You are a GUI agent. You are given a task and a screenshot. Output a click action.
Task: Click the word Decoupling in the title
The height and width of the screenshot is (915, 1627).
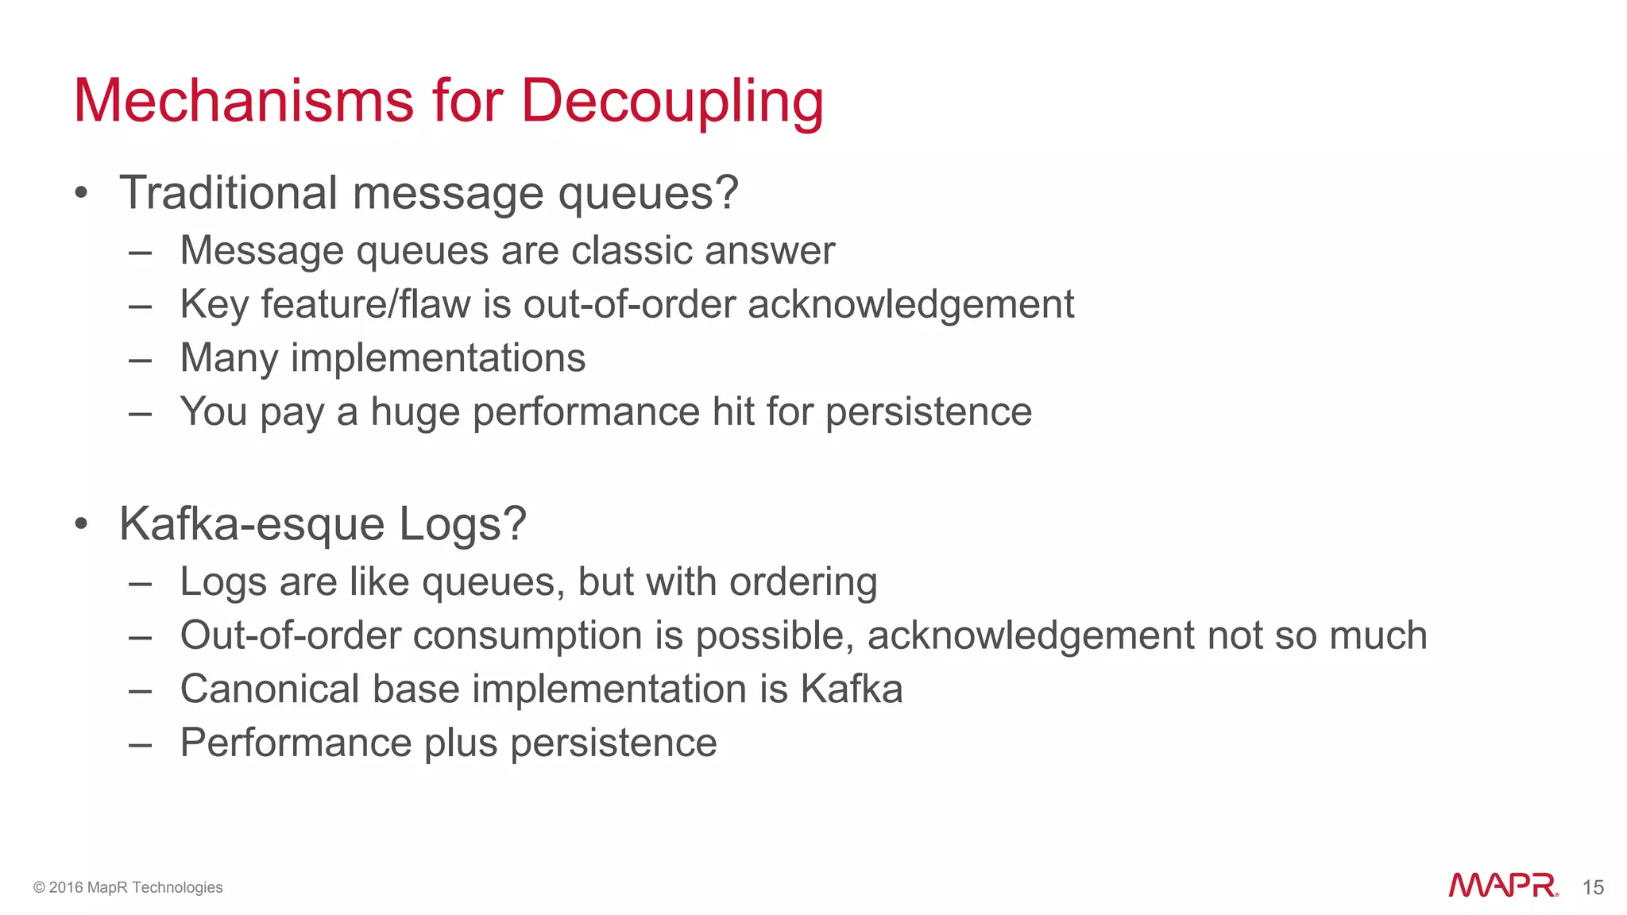coord(671,102)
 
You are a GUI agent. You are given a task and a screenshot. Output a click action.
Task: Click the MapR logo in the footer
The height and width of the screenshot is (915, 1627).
coord(1503,886)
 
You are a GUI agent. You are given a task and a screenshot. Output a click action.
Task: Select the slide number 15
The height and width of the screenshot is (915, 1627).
coord(1593,887)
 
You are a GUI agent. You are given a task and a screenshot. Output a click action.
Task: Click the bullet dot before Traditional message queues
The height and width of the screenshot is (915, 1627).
coord(80,193)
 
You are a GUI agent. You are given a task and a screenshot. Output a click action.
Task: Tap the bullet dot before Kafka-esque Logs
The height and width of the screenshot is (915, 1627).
coord(80,524)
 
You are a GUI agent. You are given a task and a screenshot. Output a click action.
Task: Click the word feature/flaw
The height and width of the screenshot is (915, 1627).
coord(365,304)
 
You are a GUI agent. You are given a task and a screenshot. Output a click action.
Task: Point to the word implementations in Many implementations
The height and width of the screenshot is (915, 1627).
coord(438,358)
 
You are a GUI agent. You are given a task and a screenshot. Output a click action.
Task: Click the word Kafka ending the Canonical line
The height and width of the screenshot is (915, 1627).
coord(851,689)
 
